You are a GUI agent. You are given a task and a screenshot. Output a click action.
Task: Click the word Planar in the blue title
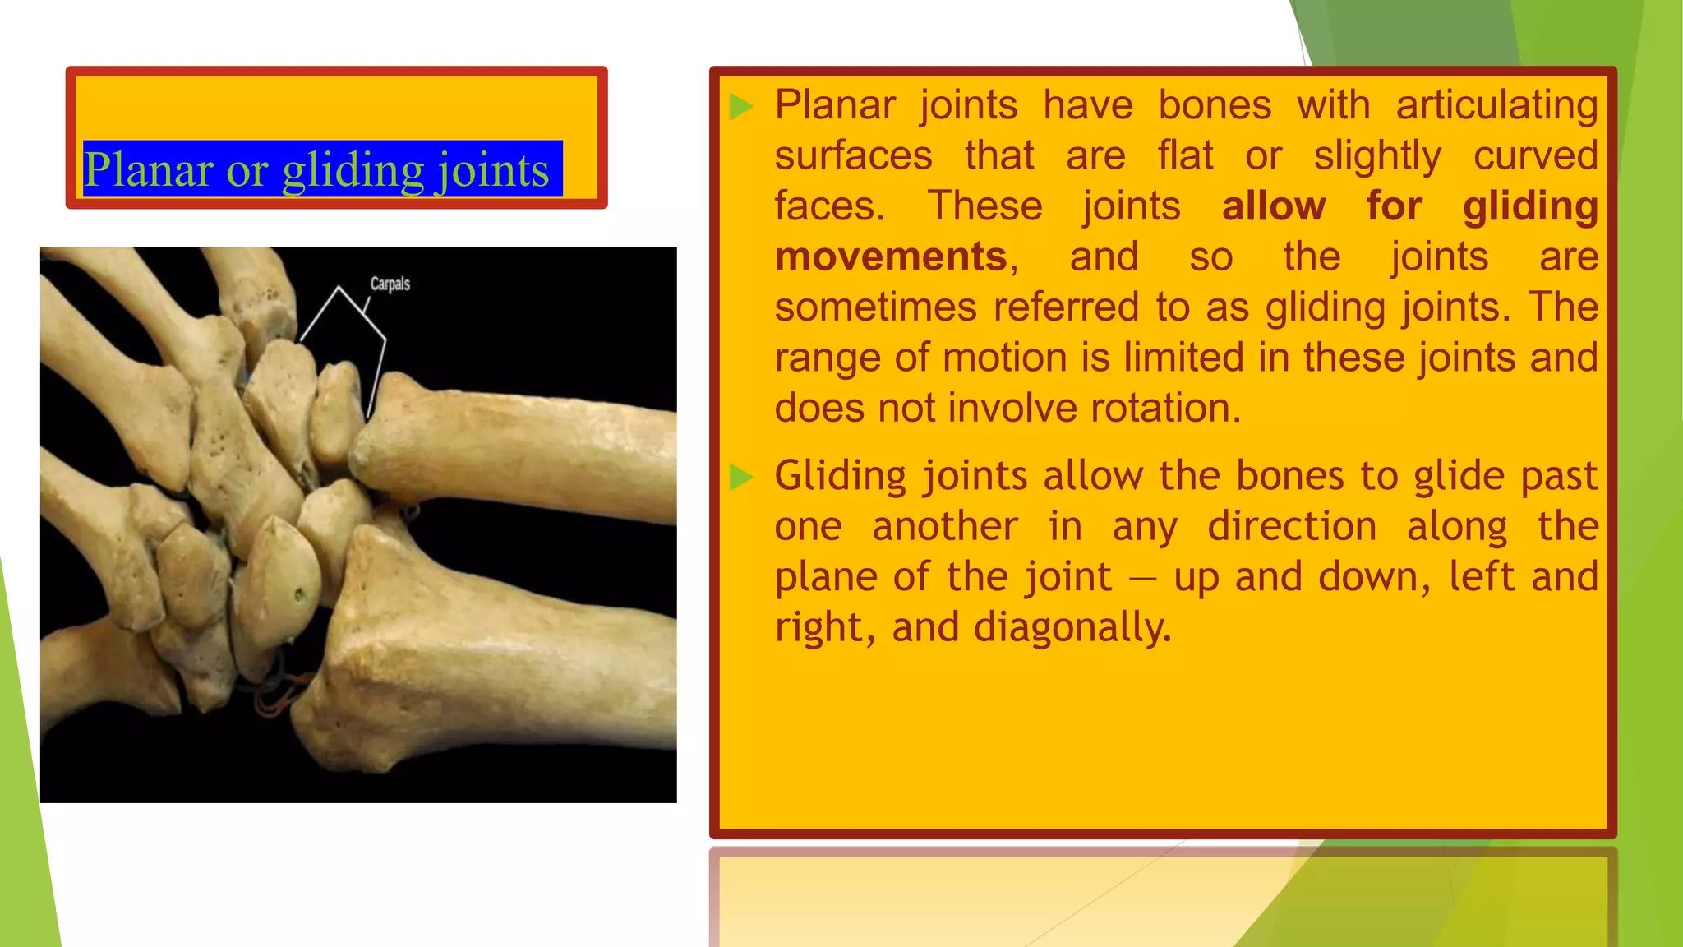[149, 170]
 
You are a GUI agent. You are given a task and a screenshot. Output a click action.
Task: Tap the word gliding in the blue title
[353, 170]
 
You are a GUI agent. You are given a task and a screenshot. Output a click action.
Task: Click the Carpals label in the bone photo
[390, 284]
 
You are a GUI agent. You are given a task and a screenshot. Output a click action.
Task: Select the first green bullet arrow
[741, 106]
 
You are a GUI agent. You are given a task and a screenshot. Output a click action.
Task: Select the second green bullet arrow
[741, 477]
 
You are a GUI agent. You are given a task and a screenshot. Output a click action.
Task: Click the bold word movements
[891, 256]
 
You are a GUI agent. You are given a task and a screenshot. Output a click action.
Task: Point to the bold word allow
[1274, 206]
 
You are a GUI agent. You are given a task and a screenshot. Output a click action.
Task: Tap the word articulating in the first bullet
[1496, 105]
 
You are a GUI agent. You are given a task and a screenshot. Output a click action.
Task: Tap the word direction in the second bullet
[1292, 526]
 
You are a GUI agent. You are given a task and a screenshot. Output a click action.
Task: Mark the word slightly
[1377, 156]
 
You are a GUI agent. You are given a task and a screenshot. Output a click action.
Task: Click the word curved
[1535, 155]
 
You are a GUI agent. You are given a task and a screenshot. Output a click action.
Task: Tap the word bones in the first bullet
[1215, 105]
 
